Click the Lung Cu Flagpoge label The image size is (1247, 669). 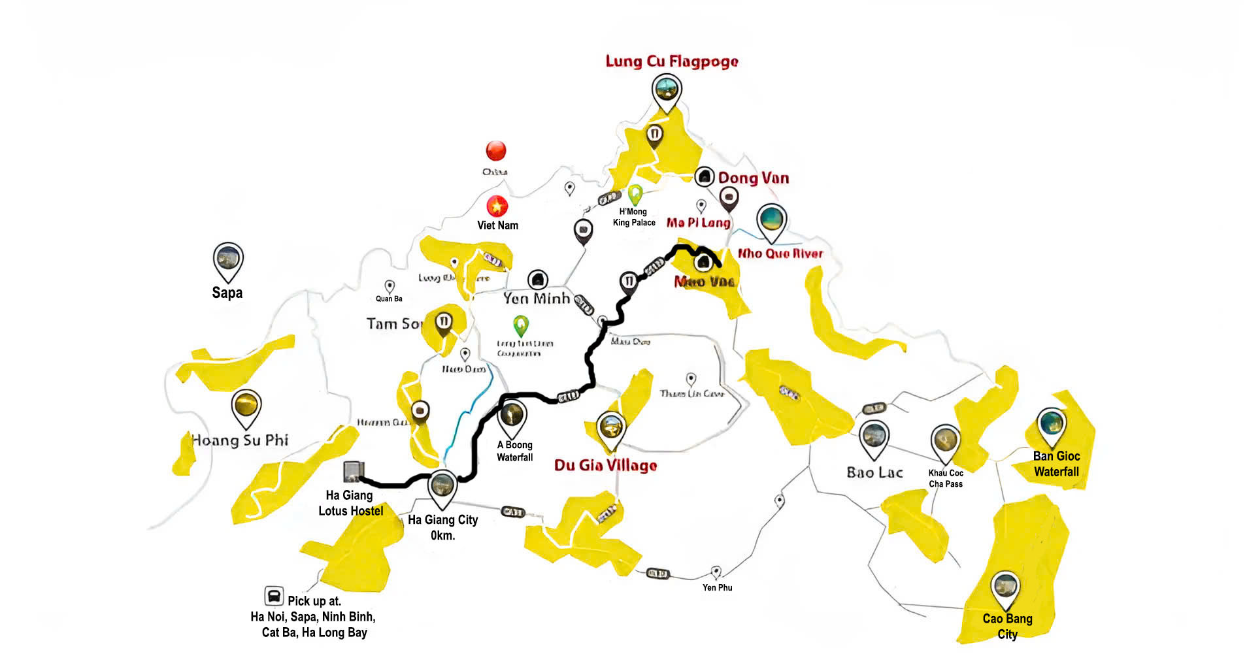coord(671,61)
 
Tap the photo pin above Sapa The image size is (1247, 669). coord(228,260)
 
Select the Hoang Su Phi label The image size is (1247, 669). coord(240,440)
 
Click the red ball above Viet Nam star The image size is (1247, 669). coord(496,151)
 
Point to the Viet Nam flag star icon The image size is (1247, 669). coord(497,206)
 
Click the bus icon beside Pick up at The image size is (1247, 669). coord(274,596)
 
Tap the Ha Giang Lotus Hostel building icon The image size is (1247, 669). coord(353,471)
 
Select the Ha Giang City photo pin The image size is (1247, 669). coord(442,487)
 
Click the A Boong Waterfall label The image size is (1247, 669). coord(514,451)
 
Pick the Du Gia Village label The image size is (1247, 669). coord(605,465)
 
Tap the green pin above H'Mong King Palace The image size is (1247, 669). coord(635,194)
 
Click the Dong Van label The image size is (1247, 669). coord(753,178)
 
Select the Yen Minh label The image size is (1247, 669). coord(537,299)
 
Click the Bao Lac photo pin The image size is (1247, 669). coord(874,437)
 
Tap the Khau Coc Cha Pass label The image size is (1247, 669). coord(946,478)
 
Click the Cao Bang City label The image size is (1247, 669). coord(1007,626)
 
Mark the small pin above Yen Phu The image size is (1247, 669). coord(716,572)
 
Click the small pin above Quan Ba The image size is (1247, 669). coord(390,286)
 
